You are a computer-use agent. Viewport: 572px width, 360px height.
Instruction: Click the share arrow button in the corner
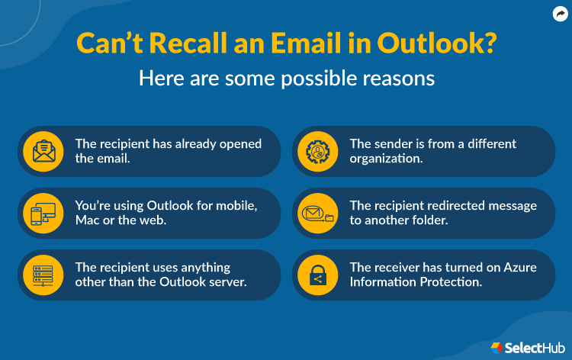(560, 13)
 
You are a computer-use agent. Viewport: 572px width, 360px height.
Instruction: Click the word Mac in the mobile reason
(88, 220)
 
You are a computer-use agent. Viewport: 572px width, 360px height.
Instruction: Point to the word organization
(384, 159)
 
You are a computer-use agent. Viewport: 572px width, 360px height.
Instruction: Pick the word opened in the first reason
(239, 143)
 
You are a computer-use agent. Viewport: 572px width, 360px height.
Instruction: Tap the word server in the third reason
(214, 282)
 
